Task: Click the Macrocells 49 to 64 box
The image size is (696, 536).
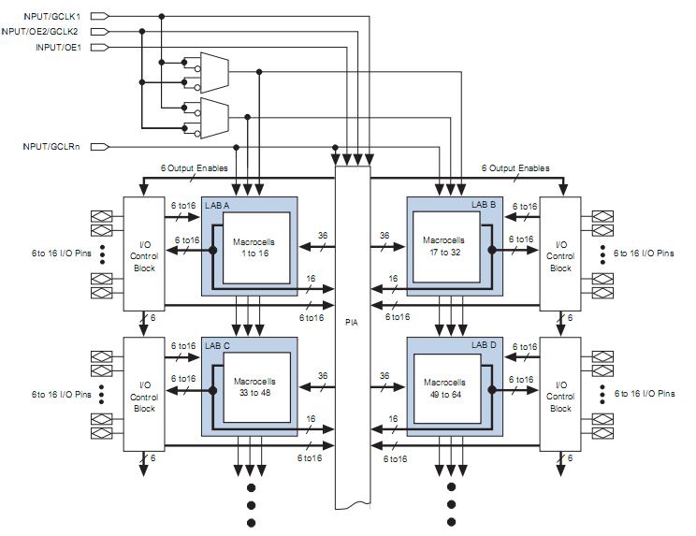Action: click(x=443, y=388)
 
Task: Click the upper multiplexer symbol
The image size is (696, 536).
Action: click(x=213, y=68)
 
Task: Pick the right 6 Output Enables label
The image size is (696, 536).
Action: click(x=515, y=168)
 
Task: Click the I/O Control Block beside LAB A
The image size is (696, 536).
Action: click(x=144, y=253)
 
